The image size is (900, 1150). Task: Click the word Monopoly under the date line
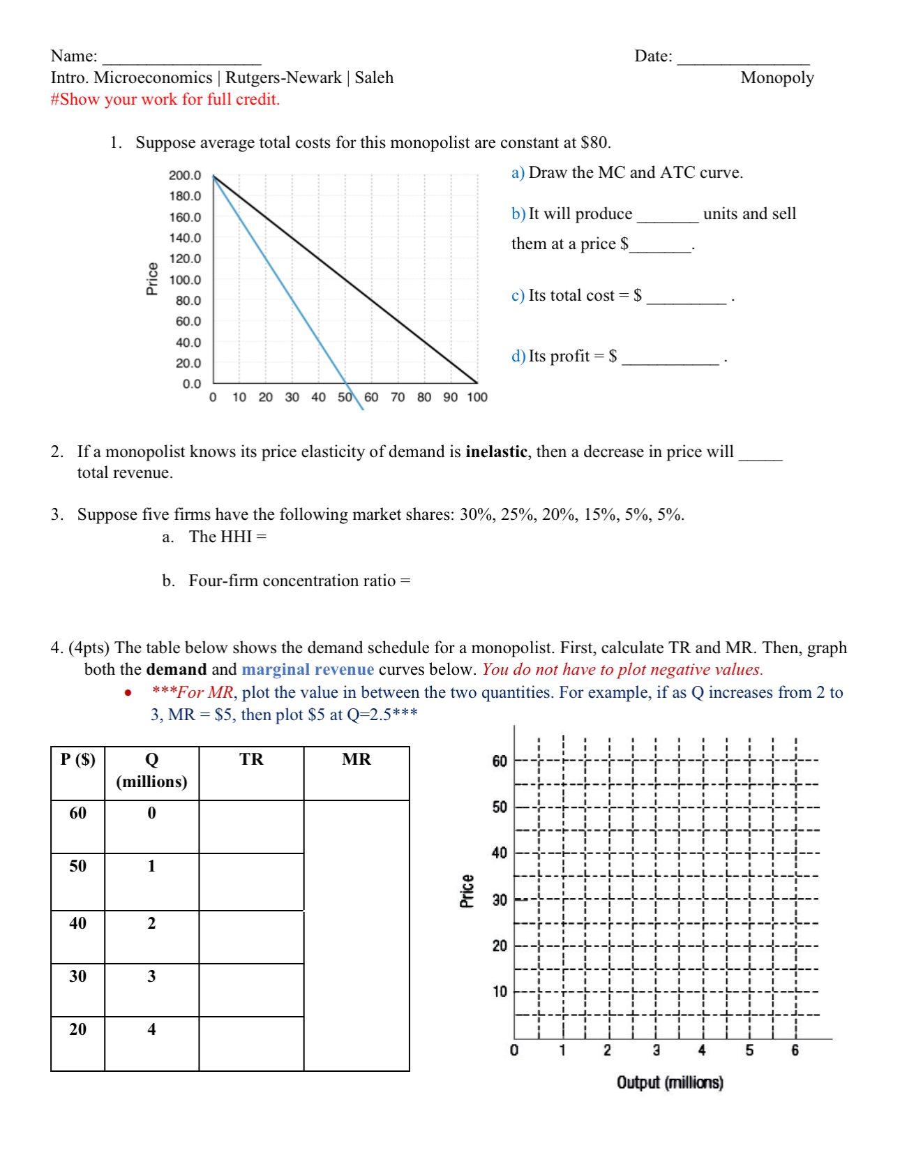click(x=777, y=77)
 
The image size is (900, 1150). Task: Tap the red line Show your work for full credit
click(x=165, y=99)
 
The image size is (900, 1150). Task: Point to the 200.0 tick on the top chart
click(x=184, y=175)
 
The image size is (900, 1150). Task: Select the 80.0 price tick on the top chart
click(x=188, y=301)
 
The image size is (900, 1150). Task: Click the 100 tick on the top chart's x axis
click(x=477, y=397)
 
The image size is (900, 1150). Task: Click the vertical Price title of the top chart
click(x=152, y=278)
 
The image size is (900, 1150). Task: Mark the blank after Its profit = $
click(x=670, y=357)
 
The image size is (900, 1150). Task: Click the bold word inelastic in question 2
click(x=496, y=451)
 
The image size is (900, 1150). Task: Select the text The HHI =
click(x=227, y=537)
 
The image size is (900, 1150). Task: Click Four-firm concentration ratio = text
click(x=299, y=581)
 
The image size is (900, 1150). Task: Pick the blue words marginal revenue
click(x=308, y=669)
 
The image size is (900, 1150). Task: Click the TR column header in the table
click(x=251, y=759)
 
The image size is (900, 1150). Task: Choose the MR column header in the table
click(x=357, y=759)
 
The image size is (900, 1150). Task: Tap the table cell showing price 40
click(x=77, y=923)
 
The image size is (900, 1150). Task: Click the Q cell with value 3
click(x=151, y=976)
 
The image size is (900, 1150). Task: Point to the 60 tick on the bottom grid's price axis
click(x=500, y=761)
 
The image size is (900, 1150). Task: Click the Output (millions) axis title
click(x=669, y=1082)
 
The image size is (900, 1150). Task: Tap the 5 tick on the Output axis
click(x=749, y=1050)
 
